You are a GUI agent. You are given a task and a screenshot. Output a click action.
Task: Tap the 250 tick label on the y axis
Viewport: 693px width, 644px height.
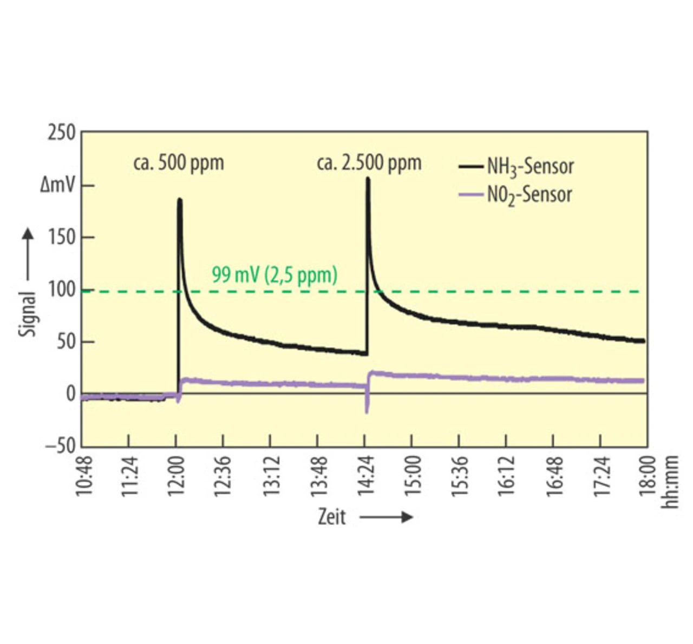point(61,133)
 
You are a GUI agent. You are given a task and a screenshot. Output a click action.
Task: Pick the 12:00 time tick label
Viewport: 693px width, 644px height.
point(176,476)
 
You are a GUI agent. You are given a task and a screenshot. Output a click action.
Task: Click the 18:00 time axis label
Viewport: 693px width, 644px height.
point(648,476)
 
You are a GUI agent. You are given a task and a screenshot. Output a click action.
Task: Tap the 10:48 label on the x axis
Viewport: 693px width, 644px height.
point(83,476)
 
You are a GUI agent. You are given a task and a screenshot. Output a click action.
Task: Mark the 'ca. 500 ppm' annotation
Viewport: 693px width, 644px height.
point(179,163)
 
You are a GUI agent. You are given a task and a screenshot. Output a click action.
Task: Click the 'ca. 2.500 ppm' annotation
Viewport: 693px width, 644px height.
point(369,163)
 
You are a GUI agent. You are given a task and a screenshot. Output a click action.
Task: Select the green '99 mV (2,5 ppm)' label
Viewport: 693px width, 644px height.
point(274,275)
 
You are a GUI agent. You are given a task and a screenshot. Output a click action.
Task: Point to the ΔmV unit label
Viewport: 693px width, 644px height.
point(58,186)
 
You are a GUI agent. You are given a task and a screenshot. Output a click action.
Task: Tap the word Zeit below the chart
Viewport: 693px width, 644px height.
point(331,517)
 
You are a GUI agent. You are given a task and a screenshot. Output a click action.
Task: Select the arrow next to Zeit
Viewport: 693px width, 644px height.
point(386,518)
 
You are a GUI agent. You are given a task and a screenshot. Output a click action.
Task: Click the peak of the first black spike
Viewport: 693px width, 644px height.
point(180,200)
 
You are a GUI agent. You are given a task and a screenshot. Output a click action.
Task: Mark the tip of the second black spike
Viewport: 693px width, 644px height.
point(368,178)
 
